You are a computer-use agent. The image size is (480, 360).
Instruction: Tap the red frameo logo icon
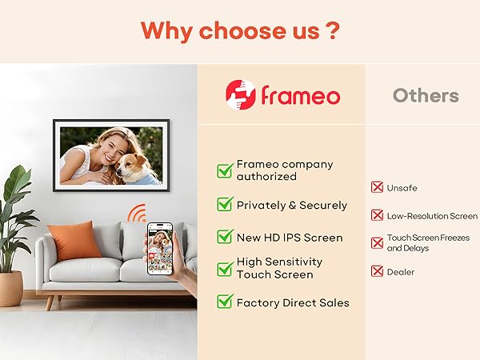point(240,94)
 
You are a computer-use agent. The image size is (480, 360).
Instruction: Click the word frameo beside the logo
point(300,96)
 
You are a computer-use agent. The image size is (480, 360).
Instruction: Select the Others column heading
point(426,96)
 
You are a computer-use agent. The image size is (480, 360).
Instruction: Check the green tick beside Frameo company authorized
point(225,170)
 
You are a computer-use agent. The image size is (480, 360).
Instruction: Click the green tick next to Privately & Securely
point(225,205)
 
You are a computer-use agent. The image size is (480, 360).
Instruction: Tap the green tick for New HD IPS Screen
point(225,237)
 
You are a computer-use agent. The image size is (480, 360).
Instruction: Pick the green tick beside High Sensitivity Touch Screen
point(225,268)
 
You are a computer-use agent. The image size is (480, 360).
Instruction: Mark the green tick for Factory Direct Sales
point(225,302)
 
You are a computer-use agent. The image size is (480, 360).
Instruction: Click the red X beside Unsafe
point(377,187)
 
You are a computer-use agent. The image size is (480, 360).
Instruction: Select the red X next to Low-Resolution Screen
point(377,215)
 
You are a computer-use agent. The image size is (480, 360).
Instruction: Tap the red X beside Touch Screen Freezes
point(377,242)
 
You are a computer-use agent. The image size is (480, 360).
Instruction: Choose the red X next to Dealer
point(377,271)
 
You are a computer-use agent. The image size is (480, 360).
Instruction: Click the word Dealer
point(401,272)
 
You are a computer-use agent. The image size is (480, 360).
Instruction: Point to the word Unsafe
point(402,188)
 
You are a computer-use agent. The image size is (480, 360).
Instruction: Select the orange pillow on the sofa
point(74,239)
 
